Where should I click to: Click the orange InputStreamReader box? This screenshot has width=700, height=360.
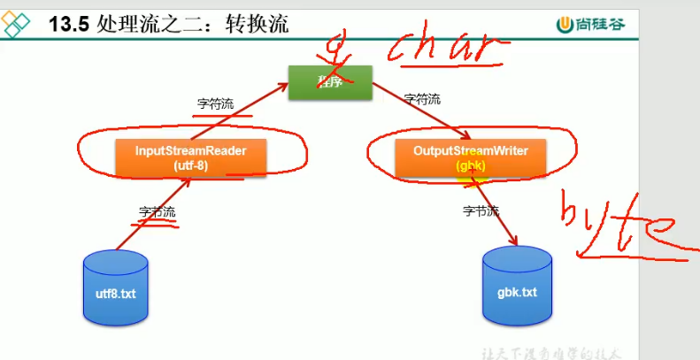pyautogui.click(x=191, y=157)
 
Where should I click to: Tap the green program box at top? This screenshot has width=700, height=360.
pyautogui.click(x=327, y=82)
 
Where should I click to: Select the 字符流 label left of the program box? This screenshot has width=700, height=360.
pyautogui.click(x=215, y=103)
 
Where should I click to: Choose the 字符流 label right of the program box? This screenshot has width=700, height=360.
pyautogui.click(x=422, y=98)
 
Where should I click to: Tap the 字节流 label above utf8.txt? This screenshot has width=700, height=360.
pyautogui.click(x=158, y=212)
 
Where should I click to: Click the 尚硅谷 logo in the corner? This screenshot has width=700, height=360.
pyautogui.click(x=590, y=24)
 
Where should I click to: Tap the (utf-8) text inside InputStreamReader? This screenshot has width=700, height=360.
pyautogui.click(x=191, y=165)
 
